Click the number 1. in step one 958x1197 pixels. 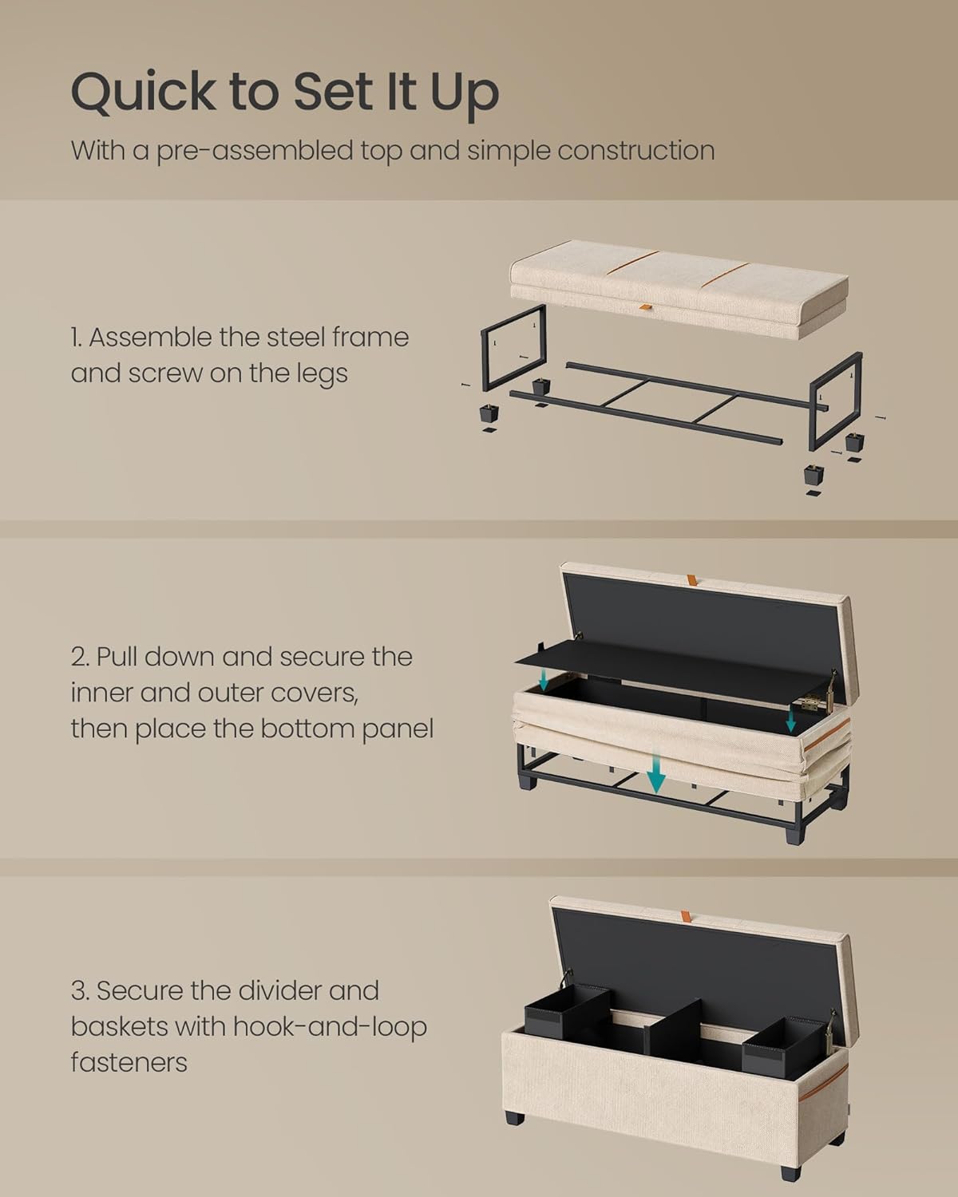pyautogui.click(x=77, y=338)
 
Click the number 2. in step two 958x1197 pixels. pyautogui.click(x=80, y=657)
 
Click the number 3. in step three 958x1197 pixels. pyautogui.click(x=80, y=991)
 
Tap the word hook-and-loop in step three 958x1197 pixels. pyautogui.click(x=329, y=1027)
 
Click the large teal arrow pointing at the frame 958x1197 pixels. pyautogui.click(x=655, y=773)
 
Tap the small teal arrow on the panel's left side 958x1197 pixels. pyautogui.click(x=542, y=679)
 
